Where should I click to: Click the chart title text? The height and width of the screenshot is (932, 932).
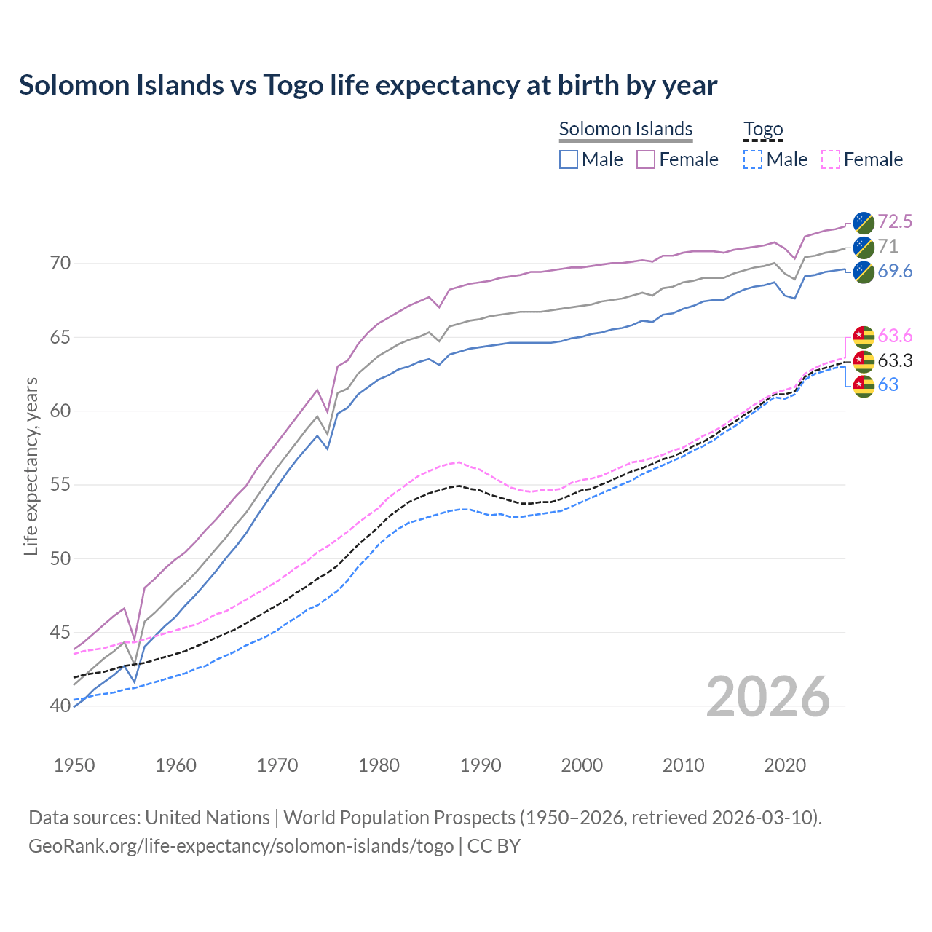368,85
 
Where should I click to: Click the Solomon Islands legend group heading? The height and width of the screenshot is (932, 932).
625,129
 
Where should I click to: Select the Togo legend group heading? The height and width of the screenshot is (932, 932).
762,129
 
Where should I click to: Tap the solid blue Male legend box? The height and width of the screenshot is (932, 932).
569,159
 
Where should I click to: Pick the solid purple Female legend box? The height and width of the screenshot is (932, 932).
646,159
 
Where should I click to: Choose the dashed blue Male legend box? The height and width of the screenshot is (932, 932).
753,159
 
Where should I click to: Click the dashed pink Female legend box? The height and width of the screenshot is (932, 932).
830,159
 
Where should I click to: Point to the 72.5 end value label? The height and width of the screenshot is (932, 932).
895,221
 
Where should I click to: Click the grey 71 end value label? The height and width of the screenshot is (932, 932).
888,246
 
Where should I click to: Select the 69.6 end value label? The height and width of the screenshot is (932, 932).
895,271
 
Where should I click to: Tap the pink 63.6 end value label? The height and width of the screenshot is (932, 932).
895,336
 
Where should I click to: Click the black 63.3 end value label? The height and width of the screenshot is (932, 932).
895,360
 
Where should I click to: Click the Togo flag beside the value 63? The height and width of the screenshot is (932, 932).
864,385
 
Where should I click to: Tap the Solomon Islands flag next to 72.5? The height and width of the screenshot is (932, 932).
864,222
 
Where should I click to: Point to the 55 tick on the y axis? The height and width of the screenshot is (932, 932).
60,485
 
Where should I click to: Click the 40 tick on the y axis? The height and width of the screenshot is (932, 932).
60,706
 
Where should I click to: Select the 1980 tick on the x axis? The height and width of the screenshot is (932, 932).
379,765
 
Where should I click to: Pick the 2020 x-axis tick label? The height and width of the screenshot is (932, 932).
785,765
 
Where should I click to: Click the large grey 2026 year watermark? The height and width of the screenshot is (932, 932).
767,697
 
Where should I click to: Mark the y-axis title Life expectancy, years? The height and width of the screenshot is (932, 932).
31,466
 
